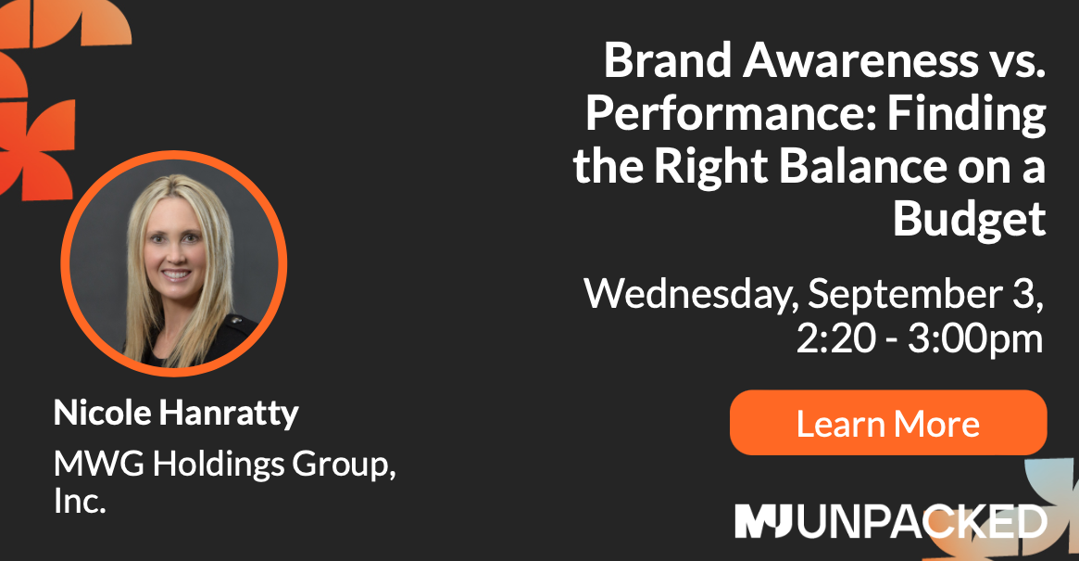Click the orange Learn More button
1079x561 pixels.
888,423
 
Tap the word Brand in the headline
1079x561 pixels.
668,60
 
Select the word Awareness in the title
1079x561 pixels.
860,60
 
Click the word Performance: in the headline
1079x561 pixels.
731,113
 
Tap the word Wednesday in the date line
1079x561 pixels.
691,294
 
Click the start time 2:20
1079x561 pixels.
836,338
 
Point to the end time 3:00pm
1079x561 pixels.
975,339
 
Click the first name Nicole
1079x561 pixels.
103,412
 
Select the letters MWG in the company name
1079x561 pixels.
99,463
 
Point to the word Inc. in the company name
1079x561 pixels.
80,501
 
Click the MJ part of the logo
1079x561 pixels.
763,521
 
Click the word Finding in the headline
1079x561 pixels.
967,114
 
